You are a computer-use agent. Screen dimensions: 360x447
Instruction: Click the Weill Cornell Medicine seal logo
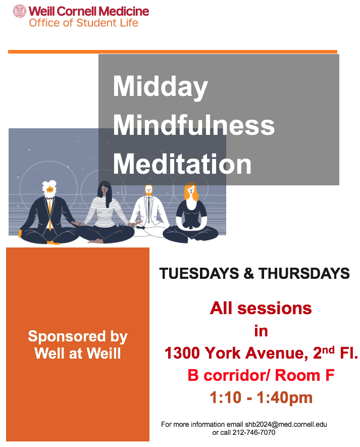point(20,11)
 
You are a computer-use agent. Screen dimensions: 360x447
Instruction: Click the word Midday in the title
point(161,87)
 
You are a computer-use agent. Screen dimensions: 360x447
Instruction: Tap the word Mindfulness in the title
point(194,125)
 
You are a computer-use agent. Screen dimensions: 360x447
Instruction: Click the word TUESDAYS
point(199,273)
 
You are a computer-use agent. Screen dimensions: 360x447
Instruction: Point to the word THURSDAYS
point(304,273)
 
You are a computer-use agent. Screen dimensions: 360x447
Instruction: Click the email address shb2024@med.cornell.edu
point(286,424)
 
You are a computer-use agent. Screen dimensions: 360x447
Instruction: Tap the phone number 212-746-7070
point(254,432)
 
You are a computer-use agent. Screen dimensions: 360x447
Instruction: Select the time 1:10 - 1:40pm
point(261,398)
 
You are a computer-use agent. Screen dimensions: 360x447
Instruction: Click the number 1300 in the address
point(182,353)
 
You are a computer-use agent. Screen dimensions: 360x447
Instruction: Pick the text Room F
point(304,375)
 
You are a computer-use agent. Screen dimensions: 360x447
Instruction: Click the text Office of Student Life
point(83,23)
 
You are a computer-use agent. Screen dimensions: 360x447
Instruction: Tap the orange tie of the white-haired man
point(50,214)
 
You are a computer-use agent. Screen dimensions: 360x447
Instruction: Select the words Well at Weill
point(78,353)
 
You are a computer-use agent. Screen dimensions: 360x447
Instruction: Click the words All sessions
point(261,308)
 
